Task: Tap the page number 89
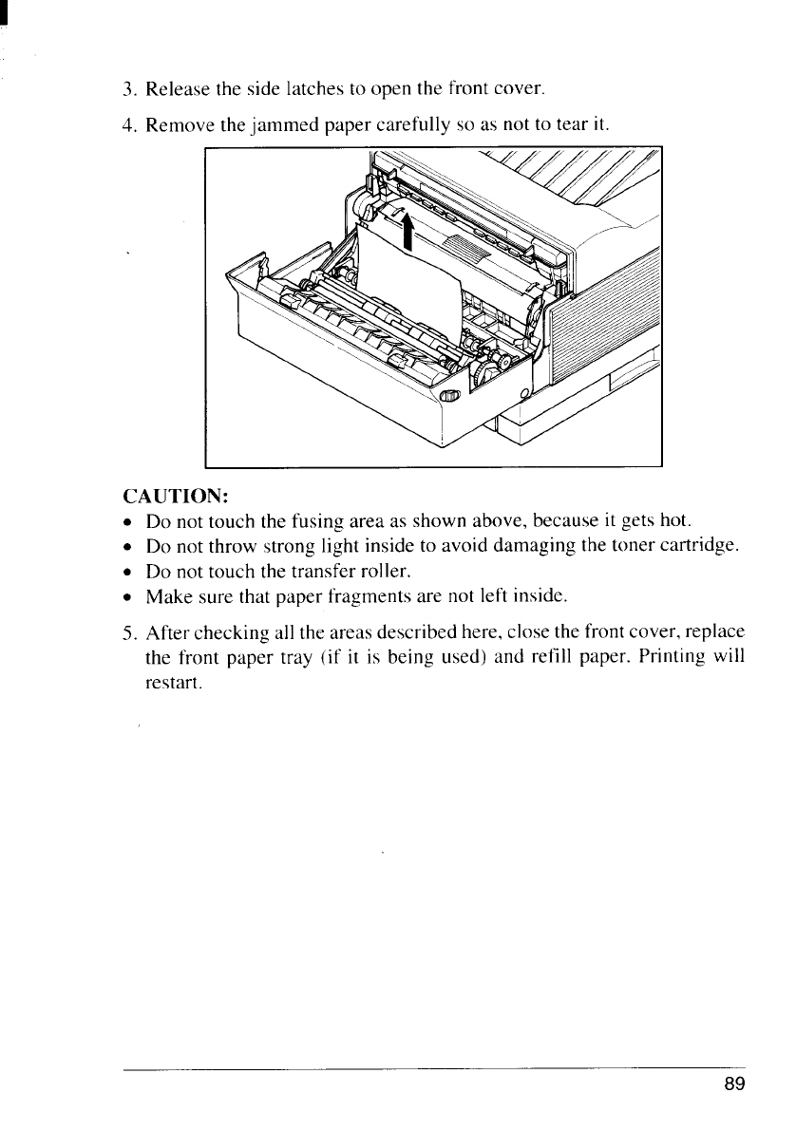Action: coord(733,1085)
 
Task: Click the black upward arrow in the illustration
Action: coord(407,229)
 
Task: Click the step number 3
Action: coord(129,91)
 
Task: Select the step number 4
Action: coord(129,125)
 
